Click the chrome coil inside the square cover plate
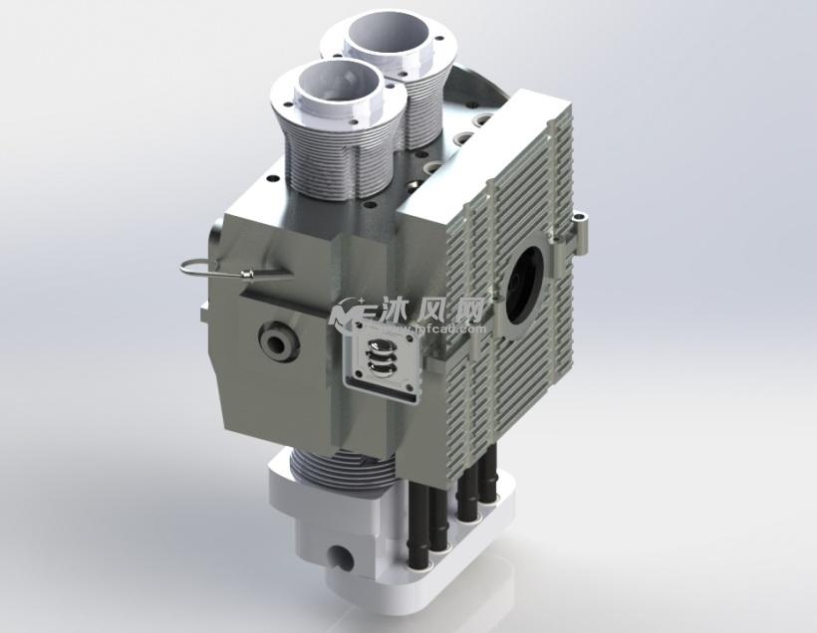point(379,358)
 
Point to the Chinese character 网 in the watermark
point(469,309)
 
